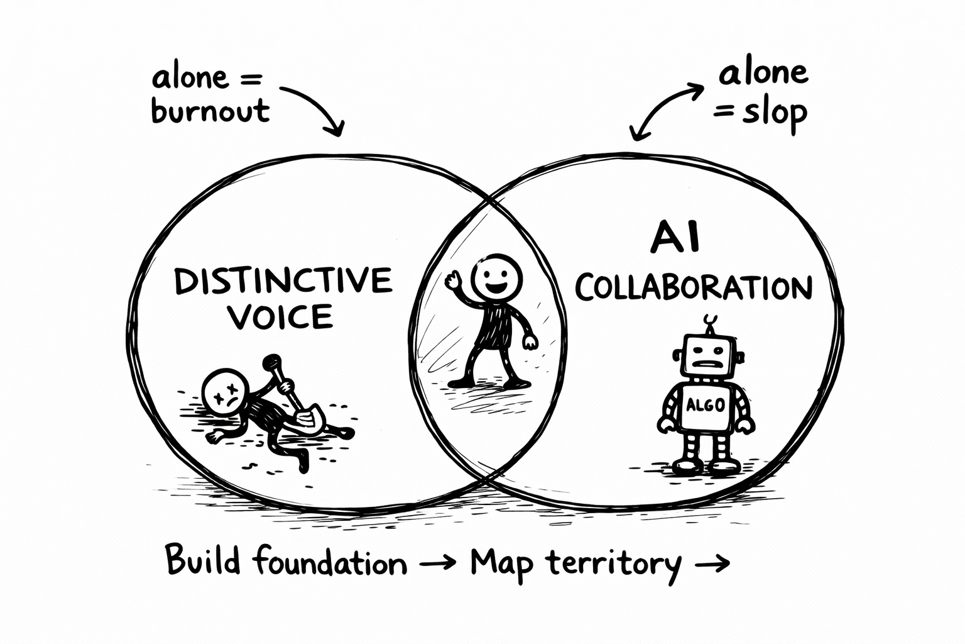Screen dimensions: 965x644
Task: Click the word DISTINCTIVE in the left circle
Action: click(283, 281)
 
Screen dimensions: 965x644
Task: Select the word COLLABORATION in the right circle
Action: click(694, 288)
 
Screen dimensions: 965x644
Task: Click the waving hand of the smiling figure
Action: click(454, 280)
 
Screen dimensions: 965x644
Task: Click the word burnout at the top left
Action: click(210, 111)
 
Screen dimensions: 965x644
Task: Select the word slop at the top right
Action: click(775, 114)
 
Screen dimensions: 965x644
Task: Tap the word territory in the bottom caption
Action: click(613, 562)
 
